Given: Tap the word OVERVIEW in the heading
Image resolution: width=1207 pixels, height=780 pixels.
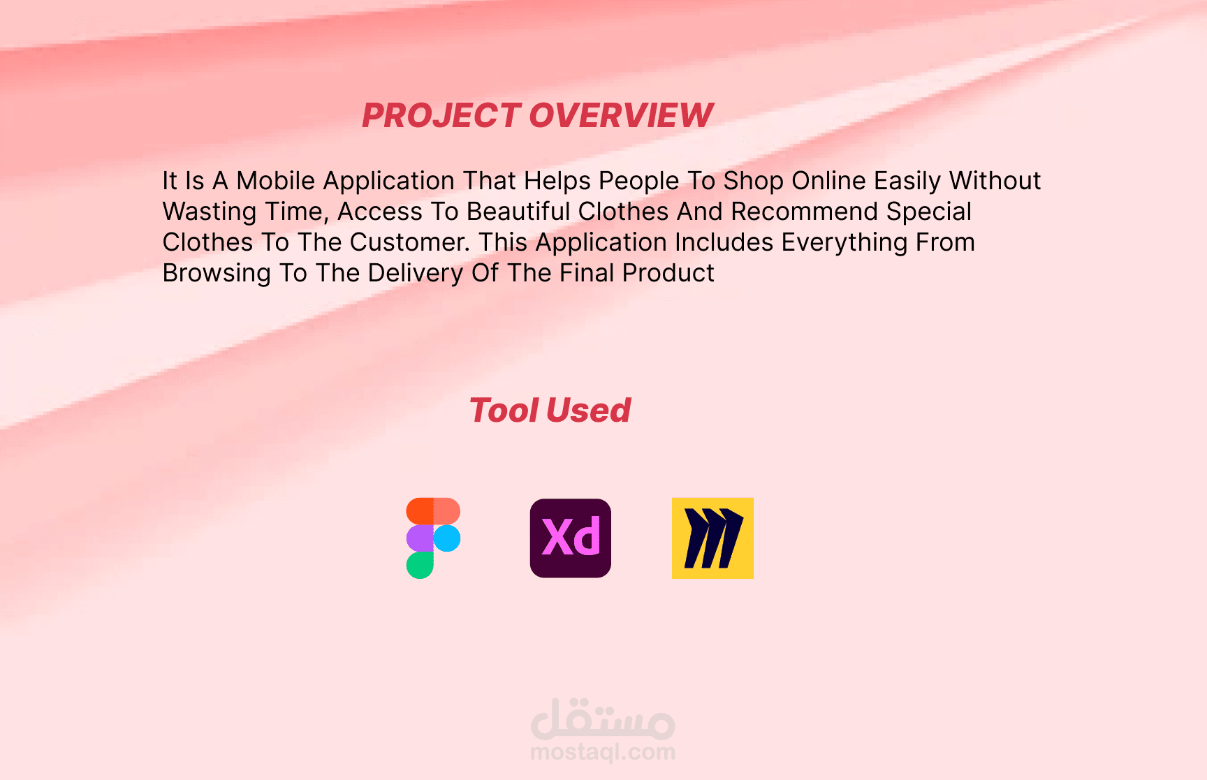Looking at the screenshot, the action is [622, 115].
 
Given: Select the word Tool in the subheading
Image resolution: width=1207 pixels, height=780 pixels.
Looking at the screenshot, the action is [504, 410].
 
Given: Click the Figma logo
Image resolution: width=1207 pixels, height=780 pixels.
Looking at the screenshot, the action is [433, 538].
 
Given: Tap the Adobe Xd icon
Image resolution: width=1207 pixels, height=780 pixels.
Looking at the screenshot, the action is [571, 538].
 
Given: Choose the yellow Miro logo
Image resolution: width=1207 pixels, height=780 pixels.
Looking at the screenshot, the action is [712, 538].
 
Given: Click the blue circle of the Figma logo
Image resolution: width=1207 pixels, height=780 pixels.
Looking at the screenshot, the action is [447, 538].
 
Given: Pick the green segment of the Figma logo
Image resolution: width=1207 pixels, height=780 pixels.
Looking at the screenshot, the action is [420, 565].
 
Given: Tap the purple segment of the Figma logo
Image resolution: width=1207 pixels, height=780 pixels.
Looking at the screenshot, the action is [420, 538].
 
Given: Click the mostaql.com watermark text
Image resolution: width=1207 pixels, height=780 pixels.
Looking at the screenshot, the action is [603, 752].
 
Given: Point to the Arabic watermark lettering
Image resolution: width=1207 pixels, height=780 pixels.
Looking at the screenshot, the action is [603, 719].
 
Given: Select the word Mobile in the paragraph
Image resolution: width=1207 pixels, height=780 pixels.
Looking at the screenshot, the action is [276, 181].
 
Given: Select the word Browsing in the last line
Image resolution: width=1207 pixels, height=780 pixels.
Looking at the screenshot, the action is [217, 273].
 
